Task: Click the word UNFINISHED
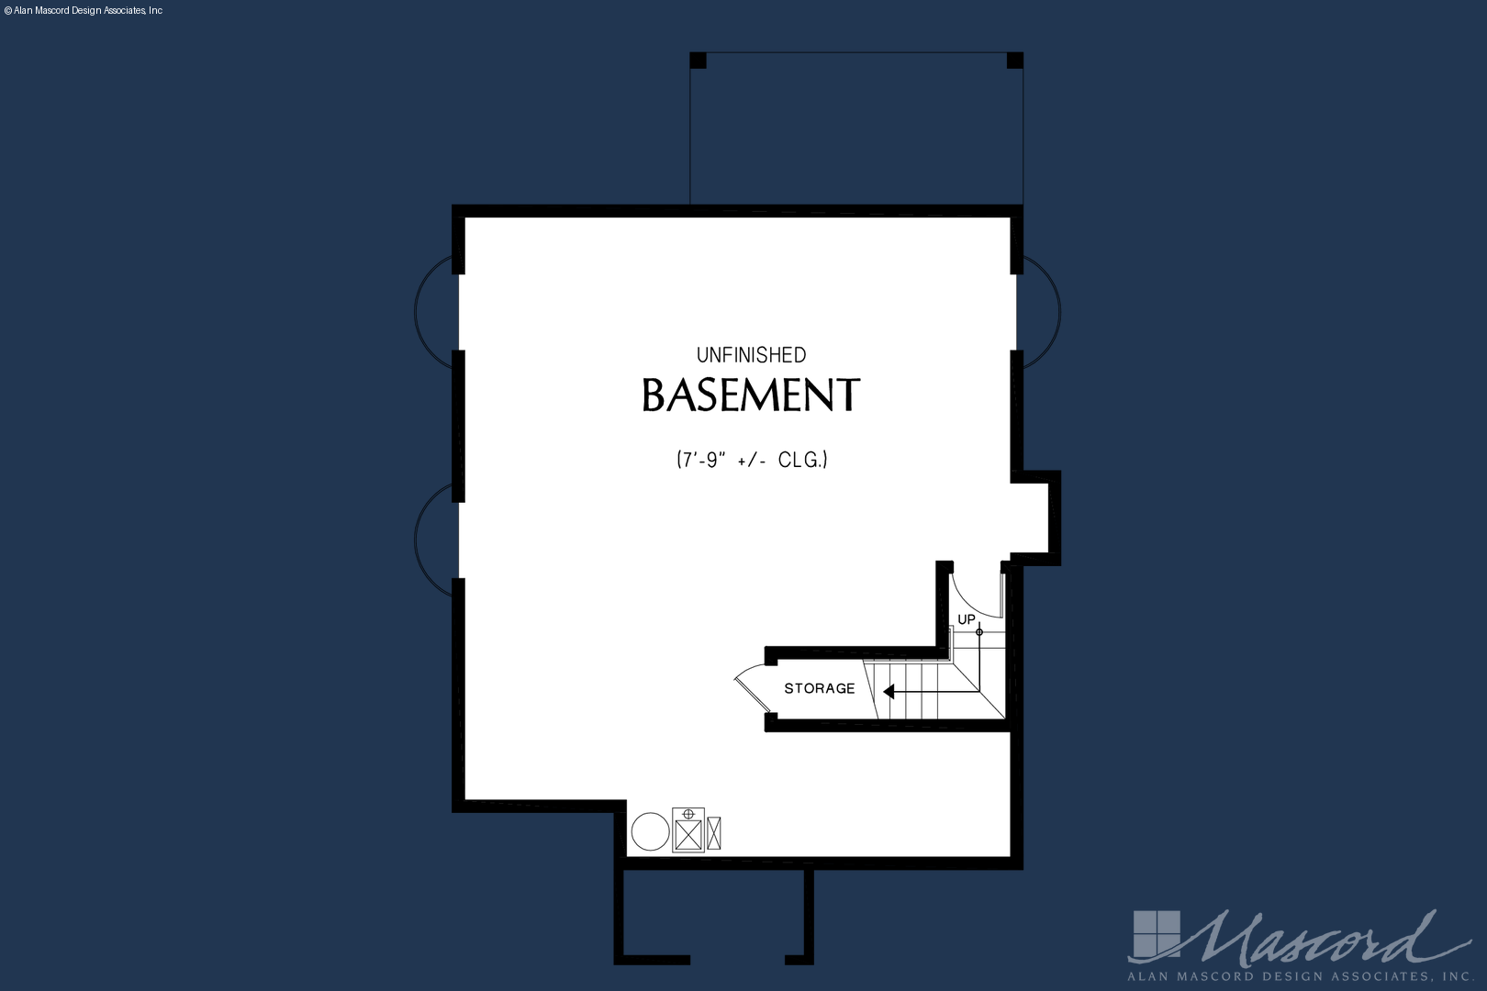point(751,355)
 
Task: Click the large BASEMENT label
point(751,395)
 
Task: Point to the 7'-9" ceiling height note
point(752,460)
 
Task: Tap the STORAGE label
point(819,688)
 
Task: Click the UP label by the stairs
point(966,619)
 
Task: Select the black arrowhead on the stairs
point(889,692)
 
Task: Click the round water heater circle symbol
point(650,831)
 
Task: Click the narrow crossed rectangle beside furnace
point(713,833)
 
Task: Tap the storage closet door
point(750,687)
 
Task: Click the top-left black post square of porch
point(698,61)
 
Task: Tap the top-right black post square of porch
point(1015,61)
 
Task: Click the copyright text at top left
point(83,11)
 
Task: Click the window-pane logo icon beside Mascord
point(1157,935)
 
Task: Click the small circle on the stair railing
point(979,632)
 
